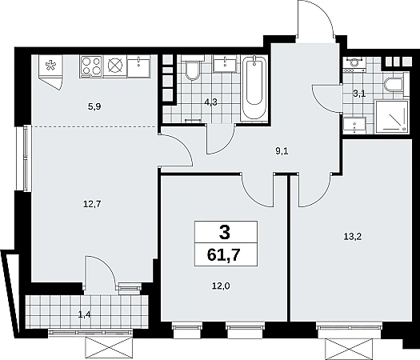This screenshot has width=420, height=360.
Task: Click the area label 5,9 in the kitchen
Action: (94, 107)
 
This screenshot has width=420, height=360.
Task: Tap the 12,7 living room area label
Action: (92, 205)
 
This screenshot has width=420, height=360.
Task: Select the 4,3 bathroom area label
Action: (211, 102)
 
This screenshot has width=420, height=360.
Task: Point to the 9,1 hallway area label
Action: (282, 152)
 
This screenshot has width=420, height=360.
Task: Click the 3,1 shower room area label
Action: (359, 94)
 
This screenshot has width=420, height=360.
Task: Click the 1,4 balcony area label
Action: (84, 314)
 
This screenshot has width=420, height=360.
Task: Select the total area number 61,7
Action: (223, 254)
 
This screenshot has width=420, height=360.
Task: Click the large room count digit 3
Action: (225, 233)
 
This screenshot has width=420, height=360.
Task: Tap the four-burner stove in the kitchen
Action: (91, 66)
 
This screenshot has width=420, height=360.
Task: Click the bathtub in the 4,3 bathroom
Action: (254, 88)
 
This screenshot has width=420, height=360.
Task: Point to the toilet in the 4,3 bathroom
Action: (192, 70)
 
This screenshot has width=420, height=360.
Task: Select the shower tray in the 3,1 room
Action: (392, 117)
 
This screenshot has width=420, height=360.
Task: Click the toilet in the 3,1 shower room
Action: (394, 85)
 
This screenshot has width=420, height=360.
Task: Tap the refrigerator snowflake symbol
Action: (50, 66)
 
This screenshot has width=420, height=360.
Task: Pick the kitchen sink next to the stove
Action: (138, 67)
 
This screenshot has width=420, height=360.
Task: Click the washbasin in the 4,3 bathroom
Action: (225, 65)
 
